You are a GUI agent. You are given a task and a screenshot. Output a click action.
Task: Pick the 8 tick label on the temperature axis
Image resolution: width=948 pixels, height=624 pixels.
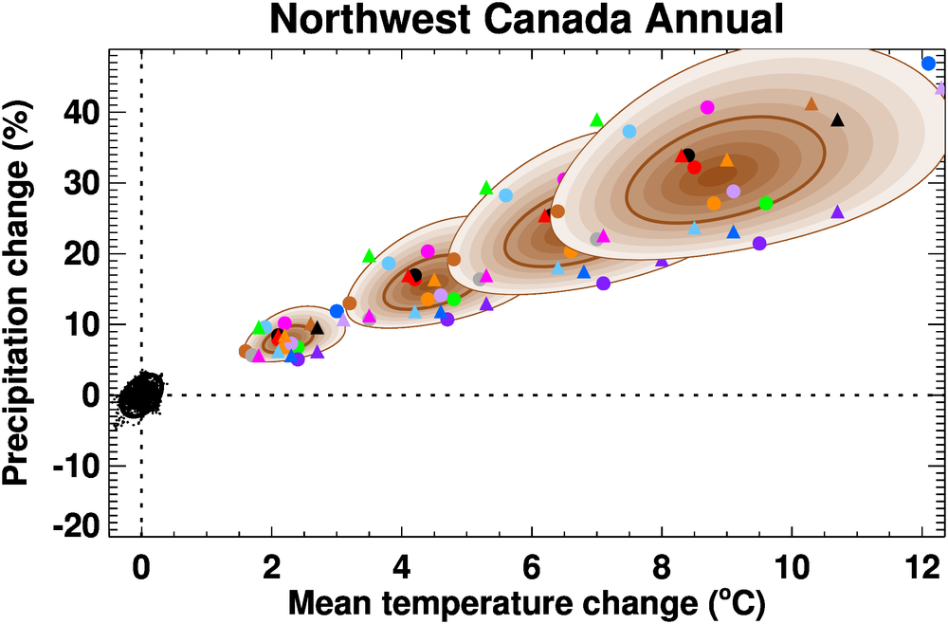pos(662,573)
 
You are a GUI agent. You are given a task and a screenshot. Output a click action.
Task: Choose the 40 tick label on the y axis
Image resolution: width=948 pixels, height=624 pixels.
pos(79,112)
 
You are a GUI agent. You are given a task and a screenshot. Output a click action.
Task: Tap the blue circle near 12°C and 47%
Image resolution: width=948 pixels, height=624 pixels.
pos(928,64)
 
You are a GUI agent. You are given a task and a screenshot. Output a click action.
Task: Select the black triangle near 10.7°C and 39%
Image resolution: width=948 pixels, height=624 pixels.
pos(837,119)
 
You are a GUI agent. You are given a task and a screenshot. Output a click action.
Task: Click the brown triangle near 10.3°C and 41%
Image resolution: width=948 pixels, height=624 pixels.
pos(811,103)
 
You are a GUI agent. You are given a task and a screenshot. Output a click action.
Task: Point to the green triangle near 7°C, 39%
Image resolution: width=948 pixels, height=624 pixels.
pos(596,119)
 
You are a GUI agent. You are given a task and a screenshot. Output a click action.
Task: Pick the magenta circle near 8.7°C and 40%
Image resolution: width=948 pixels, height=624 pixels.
pos(707,107)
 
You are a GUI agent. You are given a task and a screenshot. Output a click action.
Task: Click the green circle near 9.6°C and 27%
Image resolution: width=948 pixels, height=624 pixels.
pos(766,203)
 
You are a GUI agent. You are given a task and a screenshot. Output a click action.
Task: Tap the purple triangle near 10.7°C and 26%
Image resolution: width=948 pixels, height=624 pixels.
pos(837,211)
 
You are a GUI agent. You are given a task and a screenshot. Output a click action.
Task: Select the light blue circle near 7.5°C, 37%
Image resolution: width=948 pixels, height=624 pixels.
pos(629,131)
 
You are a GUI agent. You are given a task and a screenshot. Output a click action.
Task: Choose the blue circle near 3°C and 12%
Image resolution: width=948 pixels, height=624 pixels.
pos(337,311)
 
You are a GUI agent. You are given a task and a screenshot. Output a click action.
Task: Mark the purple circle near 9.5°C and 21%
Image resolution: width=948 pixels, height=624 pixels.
pos(759,244)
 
